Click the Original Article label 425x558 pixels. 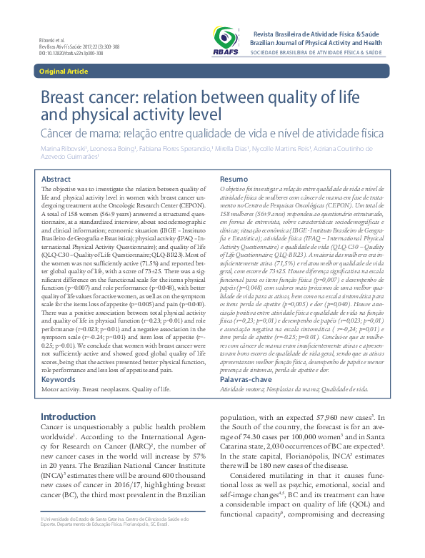[63, 72]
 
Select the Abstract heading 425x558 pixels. [56, 178]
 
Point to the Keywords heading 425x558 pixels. [59, 379]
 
